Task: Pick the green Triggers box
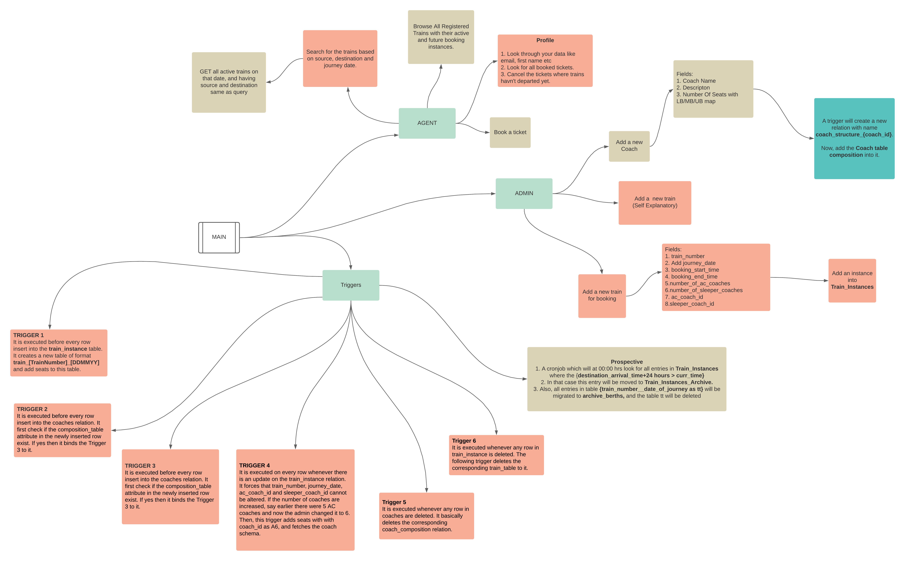point(351,285)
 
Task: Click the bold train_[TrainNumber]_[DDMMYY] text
point(56,362)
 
